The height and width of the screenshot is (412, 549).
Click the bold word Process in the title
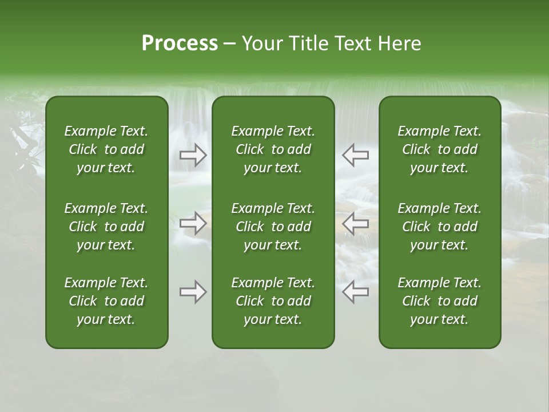tap(180, 43)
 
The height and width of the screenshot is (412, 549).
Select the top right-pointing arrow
tap(193, 155)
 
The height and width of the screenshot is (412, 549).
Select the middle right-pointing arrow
tap(193, 223)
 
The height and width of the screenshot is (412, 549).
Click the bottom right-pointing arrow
tap(193, 292)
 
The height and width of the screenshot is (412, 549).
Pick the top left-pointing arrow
tap(355, 155)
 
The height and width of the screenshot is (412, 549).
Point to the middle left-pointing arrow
tap(355, 223)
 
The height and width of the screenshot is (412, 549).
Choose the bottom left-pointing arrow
tap(355, 292)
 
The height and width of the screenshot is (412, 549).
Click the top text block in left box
tap(106, 149)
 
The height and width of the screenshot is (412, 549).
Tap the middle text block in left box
tap(106, 227)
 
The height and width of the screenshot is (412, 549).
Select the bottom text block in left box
tap(106, 301)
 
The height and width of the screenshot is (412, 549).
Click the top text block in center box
tap(273, 149)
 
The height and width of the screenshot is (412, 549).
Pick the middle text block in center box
tap(273, 227)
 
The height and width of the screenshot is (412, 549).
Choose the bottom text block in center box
tap(273, 301)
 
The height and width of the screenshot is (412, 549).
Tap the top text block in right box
tap(439, 149)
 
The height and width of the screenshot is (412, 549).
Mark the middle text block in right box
tap(439, 227)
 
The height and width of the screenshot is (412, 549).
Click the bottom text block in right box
tap(439, 301)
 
